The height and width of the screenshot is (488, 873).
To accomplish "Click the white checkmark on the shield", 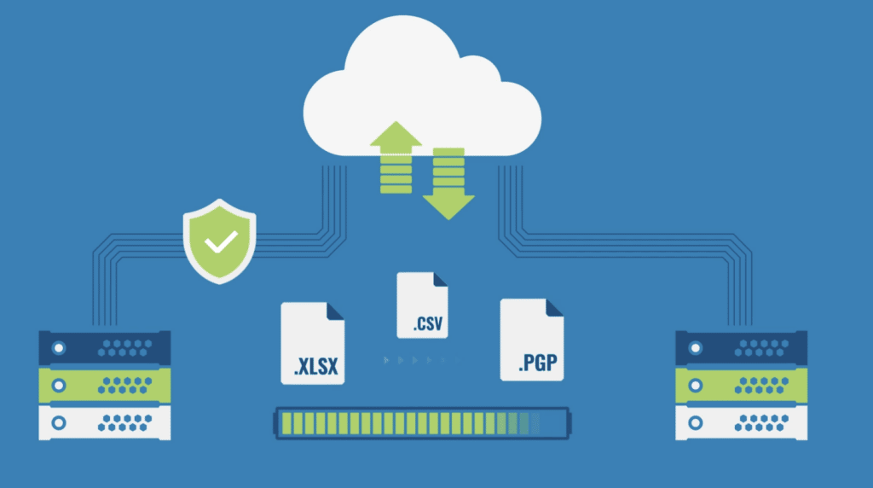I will [x=222, y=241].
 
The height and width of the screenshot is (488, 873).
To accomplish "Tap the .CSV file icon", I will [x=422, y=305].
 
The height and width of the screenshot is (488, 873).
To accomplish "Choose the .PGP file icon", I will [x=531, y=339].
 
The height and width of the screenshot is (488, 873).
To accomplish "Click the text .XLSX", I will [x=316, y=368].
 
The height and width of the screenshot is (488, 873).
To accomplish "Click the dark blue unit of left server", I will [x=105, y=347].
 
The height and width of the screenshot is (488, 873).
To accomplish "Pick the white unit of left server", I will [x=105, y=422].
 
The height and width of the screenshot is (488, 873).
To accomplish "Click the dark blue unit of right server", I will [x=741, y=347].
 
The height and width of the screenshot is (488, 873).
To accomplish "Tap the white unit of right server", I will [x=741, y=422].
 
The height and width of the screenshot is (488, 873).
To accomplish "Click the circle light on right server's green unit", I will [x=695, y=385].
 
